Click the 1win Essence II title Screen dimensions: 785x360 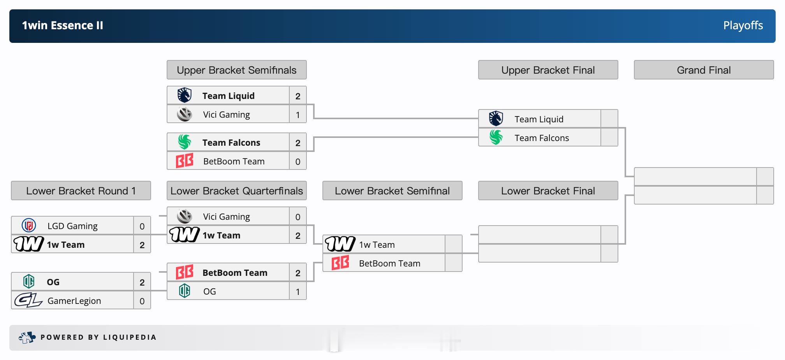[x=62, y=25]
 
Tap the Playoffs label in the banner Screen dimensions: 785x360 [x=743, y=25]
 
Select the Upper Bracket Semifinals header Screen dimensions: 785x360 [x=237, y=70]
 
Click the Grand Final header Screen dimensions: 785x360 [x=704, y=70]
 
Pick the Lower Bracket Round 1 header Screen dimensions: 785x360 [x=81, y=191]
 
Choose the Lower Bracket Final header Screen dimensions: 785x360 [x=548, y=191]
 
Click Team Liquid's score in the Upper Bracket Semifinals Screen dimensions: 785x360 [x=298, y=96]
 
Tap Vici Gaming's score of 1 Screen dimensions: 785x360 [x=298, y=115]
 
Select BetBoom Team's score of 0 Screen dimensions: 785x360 [x=298, y=161]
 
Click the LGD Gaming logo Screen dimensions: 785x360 [x=29, y=226]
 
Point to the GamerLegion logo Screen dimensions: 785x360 [x=28, y=300]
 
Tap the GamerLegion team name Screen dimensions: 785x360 [x=74, y=301]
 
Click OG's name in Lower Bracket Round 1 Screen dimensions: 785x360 [x=53, y=282]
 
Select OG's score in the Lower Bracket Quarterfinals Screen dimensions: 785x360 [x=298, y=291]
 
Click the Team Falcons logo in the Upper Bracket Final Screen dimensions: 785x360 [x=496, y=137]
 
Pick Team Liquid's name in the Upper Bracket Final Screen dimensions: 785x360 [x=539, y=119]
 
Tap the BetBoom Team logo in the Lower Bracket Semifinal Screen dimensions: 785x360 [x=340, y=263]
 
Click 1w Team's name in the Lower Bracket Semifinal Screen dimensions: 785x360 [x=377, y=245]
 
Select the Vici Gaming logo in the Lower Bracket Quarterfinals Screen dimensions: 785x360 [x=185, y=216]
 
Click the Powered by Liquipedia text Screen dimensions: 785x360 [x=99, y=337]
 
